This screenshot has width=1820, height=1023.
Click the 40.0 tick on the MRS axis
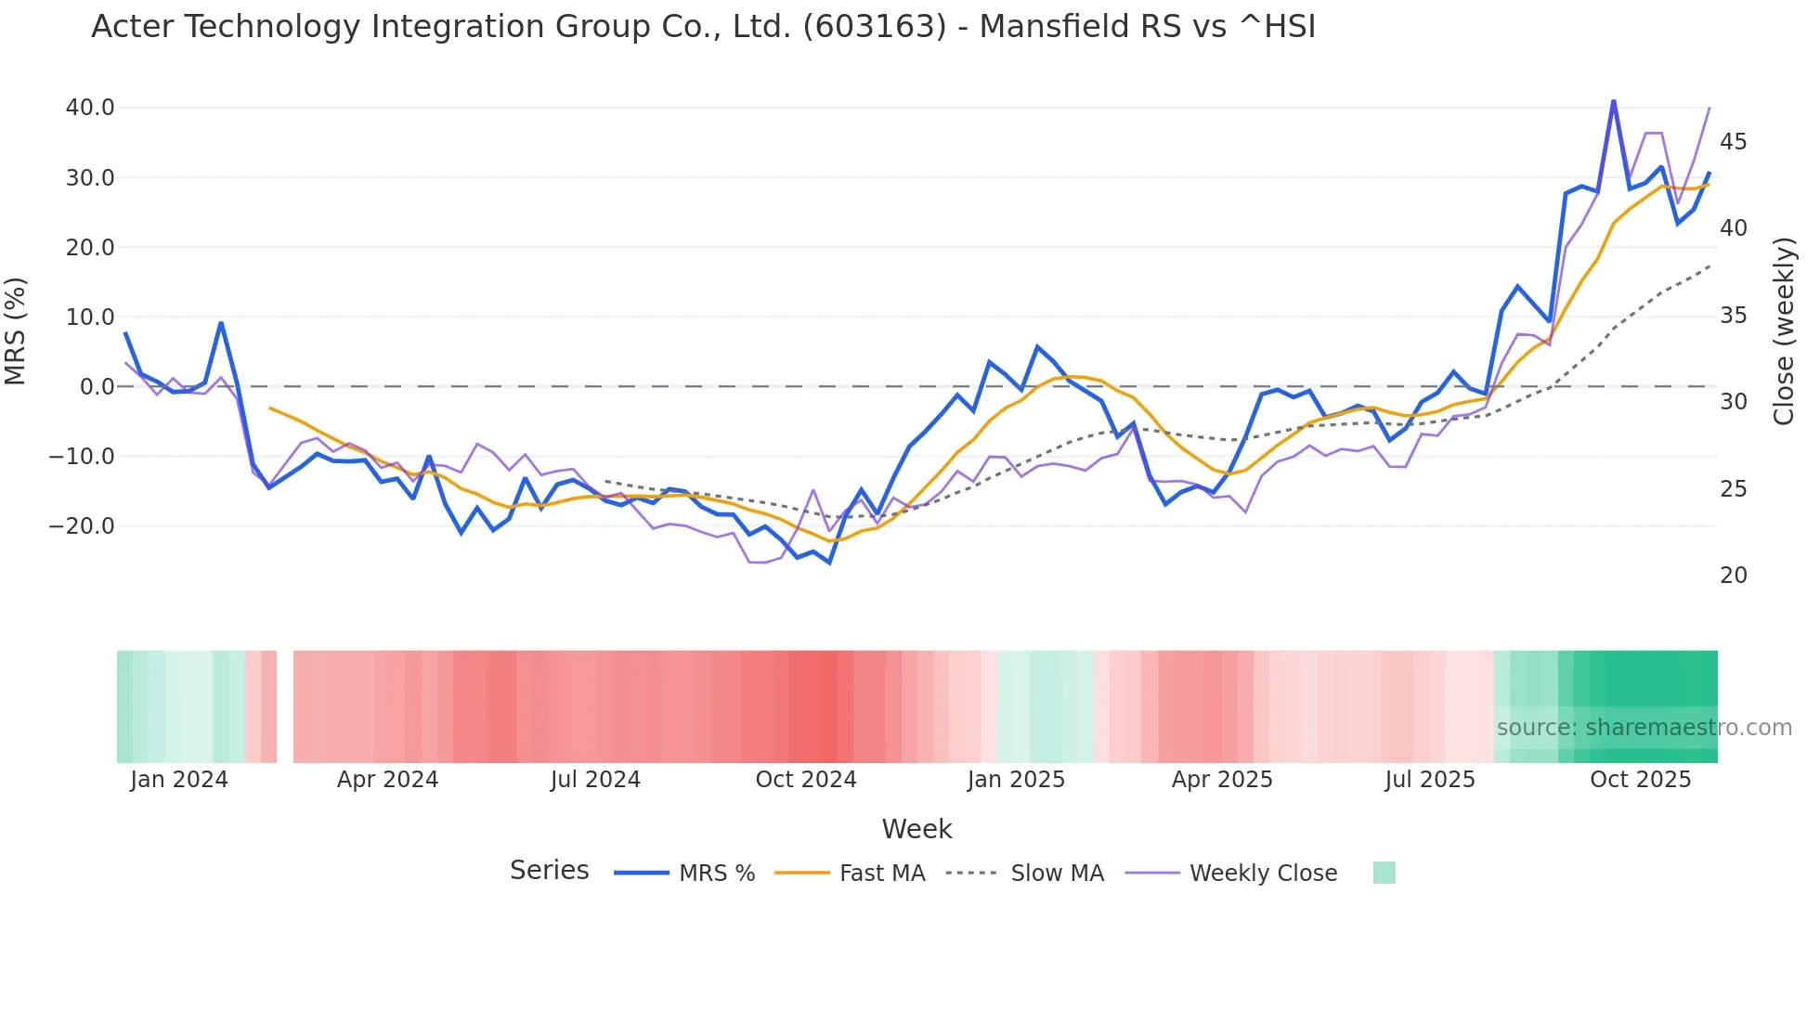(90, 108)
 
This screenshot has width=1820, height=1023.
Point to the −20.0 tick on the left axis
(82, 526)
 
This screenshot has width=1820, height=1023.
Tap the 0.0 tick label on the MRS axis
(97, 387)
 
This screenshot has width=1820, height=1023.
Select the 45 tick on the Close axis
(1733, 142)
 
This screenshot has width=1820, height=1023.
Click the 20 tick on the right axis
(1733, 576)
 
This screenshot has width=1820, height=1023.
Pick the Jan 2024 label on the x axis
(179, 780)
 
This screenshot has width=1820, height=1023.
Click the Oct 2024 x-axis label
(805, 780)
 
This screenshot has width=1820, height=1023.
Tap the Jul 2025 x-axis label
(1429, 780)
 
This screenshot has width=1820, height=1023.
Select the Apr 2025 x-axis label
(1221, 780)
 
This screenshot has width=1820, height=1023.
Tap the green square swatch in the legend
(1384, 874)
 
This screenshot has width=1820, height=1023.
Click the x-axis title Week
(916, 829)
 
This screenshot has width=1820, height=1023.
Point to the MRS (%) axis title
(16, 331)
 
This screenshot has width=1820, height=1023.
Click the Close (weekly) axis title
(1783, 331)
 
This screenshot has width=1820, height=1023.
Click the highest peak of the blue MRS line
(1613, 100)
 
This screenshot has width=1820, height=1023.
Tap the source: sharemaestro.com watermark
(1644, 728)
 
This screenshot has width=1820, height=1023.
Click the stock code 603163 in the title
(874, 27)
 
